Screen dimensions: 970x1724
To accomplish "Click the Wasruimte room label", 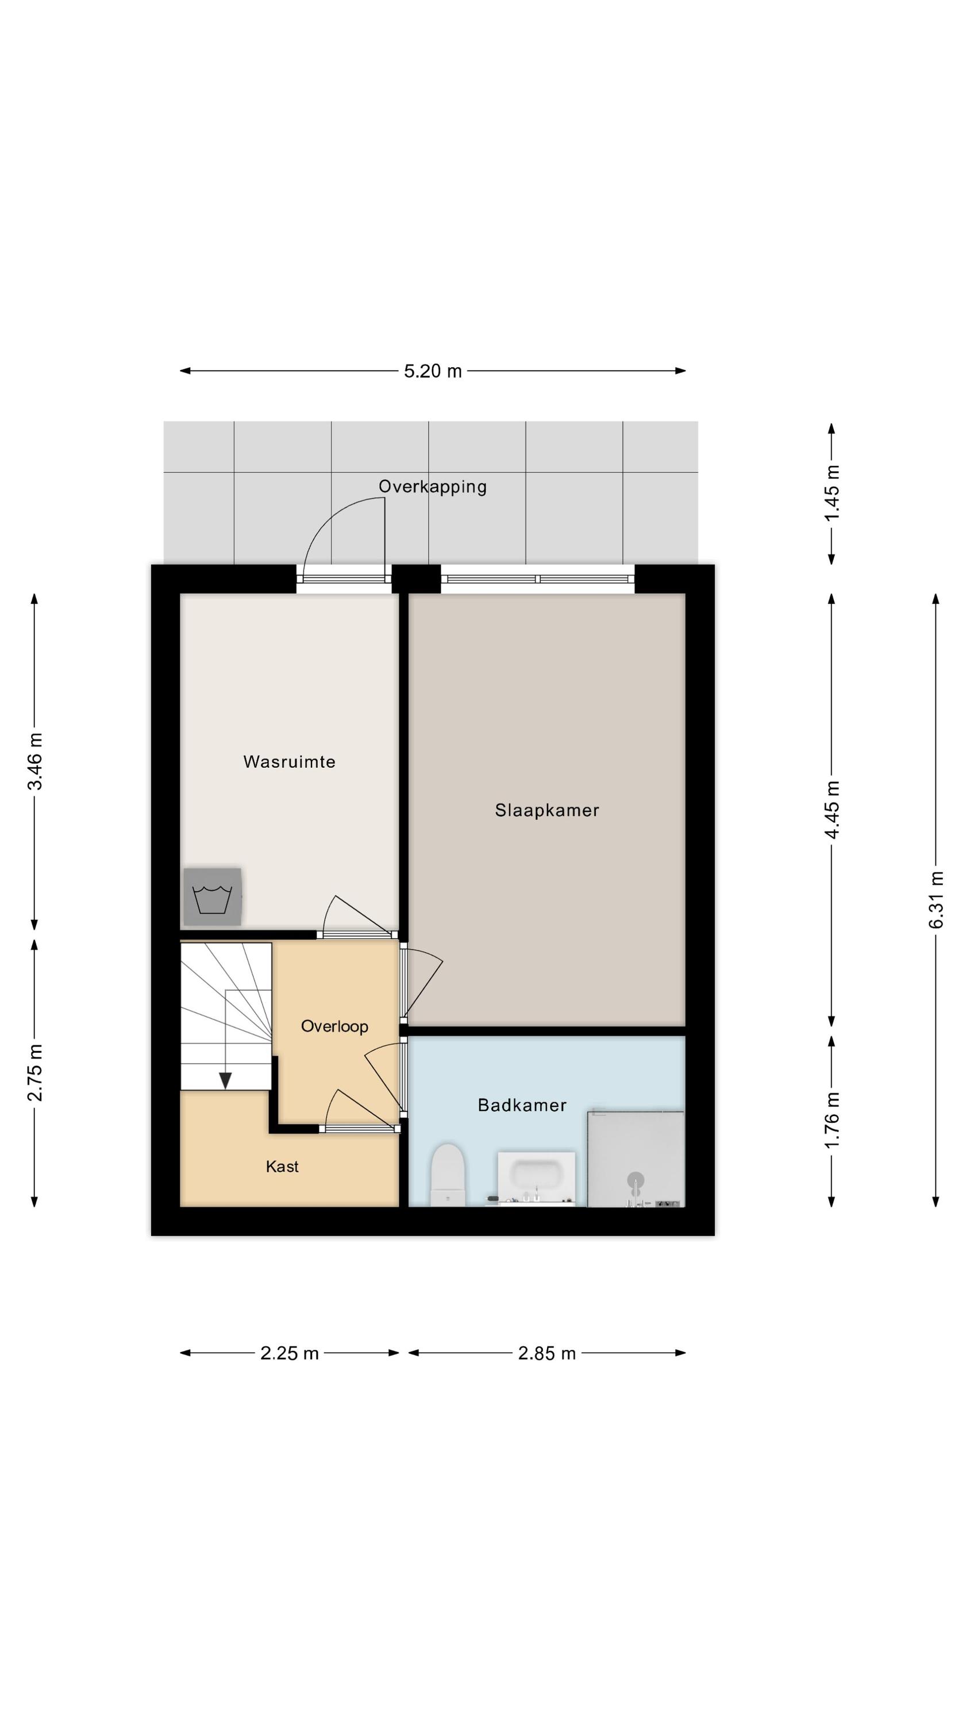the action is point(289,761).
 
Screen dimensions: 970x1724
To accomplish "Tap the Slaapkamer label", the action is point(547,810).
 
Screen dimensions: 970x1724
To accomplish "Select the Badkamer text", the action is point(522,1105).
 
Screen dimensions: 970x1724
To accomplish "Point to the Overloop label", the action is point(334,1026).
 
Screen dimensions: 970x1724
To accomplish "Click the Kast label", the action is point(282,1167).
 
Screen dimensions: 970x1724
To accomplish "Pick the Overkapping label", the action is point(433,487).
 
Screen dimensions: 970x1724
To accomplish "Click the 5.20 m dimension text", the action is point(433,371).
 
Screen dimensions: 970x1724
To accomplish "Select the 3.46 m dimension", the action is point(35,761).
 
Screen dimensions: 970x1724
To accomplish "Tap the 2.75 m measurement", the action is point(35,1072).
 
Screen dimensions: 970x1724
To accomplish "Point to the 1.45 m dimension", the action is point(832,493).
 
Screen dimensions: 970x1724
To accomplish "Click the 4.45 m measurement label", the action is point(832,809).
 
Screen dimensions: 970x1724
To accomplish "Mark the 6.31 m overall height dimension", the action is point(936,899).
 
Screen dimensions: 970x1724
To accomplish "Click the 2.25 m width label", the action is point(289,1353).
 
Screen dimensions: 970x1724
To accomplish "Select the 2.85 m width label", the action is point(547,1353).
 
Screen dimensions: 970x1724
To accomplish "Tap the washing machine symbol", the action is point(212,897).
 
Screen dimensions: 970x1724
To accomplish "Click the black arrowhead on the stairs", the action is point(226,1080).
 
